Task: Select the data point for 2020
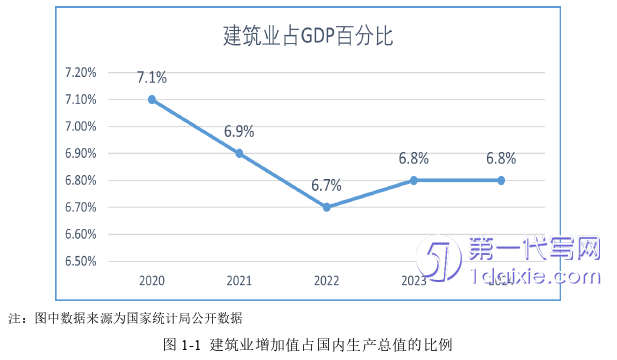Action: tap(151, 99)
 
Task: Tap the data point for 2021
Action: tap(239, 153)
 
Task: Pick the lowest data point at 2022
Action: tap(326, 207)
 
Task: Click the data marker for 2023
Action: tap(414, 180)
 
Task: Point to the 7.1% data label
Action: tap(152, 77)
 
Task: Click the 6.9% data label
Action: tap(239, 131)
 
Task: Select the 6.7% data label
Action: tap(327, 185)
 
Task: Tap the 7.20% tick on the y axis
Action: tap(80, 72)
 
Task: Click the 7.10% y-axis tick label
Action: tap(80, 99)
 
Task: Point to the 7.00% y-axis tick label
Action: tap(80, 126)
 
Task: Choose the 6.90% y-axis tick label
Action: tap(80, 153)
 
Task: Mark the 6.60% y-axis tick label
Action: tap(80, 234)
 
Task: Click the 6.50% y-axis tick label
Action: tap(80, 261)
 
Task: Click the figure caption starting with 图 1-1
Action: tap(308, 345)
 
